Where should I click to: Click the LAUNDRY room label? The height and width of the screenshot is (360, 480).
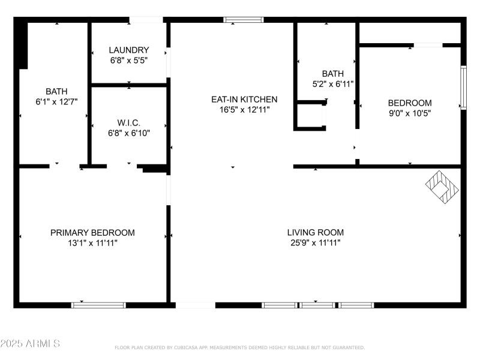[x=128, y=50]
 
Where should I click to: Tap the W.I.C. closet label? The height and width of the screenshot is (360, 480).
[x=128, y=122]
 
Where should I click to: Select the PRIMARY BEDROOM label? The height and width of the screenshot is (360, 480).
[x=92, y=233]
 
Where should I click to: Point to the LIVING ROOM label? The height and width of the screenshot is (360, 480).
[x=315, y=233]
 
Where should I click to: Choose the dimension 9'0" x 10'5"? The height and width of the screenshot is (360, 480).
[x=409, y=113]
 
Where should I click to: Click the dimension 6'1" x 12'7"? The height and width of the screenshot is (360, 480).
[x=56, y=102]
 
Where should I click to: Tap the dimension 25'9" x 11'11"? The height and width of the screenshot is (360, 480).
[x=315, y=243]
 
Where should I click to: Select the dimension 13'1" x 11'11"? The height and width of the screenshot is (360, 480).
[x=92, y=243]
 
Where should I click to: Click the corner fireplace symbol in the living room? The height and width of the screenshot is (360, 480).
[x=443, y=185]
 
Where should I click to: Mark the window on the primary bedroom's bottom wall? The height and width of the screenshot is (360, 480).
[x=99, y=305]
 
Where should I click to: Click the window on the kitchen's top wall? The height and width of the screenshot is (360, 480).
[x=244, y=20]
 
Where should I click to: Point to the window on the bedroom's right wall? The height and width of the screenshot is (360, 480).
[x=463, y=87]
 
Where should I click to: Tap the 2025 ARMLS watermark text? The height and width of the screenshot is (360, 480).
[x=30, y=344]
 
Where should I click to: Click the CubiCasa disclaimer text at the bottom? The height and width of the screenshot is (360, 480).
[x=239, y=347]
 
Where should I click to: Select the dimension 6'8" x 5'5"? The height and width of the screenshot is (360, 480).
[x=128, y=60]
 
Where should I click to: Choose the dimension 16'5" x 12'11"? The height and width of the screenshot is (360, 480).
[x=244, y=110]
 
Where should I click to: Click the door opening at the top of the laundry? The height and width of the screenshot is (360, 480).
[x=142, y=20]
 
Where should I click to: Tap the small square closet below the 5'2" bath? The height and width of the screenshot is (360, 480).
[x=310, y=116]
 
